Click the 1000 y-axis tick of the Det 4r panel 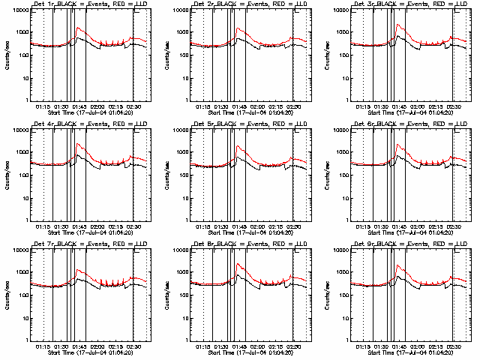(x=22, y=152)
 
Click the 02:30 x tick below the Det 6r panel (x=455, y=226)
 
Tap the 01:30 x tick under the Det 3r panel (x=381, y=106)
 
